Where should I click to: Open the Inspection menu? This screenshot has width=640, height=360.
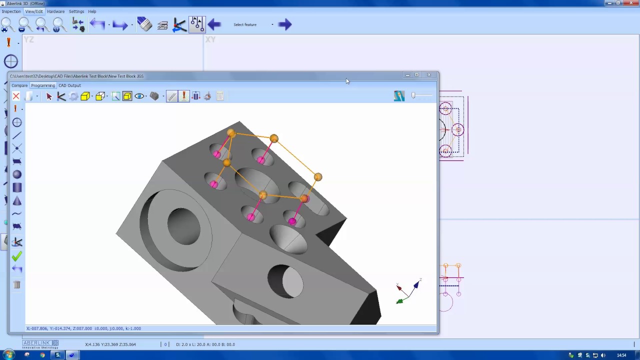point(11,11)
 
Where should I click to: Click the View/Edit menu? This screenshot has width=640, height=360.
point(34,11)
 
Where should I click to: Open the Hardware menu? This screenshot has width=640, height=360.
point(55,11)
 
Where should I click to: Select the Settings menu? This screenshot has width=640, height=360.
point(76,11)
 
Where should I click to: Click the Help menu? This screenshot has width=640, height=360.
point(92,11)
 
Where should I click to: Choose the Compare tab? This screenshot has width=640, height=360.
point(19,85)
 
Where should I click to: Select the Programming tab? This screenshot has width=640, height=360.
point(43,85)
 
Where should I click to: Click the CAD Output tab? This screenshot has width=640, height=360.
point(69,85)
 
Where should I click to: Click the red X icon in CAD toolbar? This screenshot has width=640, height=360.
point(16,96)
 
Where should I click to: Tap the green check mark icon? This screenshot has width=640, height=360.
point(16,256)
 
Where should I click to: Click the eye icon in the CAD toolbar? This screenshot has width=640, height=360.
point(139,96)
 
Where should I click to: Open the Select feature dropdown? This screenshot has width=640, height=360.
point(272,24)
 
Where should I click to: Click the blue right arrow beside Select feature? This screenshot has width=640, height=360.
point(285,24)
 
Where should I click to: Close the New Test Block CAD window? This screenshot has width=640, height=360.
point(428,75)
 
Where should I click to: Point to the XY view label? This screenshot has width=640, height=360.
point(210,39)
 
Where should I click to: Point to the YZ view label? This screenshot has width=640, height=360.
point(29,39)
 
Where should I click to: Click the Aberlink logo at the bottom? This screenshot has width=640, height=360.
point(40,344)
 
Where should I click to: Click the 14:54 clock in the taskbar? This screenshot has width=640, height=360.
point(621,355)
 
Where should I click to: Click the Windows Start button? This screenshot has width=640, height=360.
point(8,355)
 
